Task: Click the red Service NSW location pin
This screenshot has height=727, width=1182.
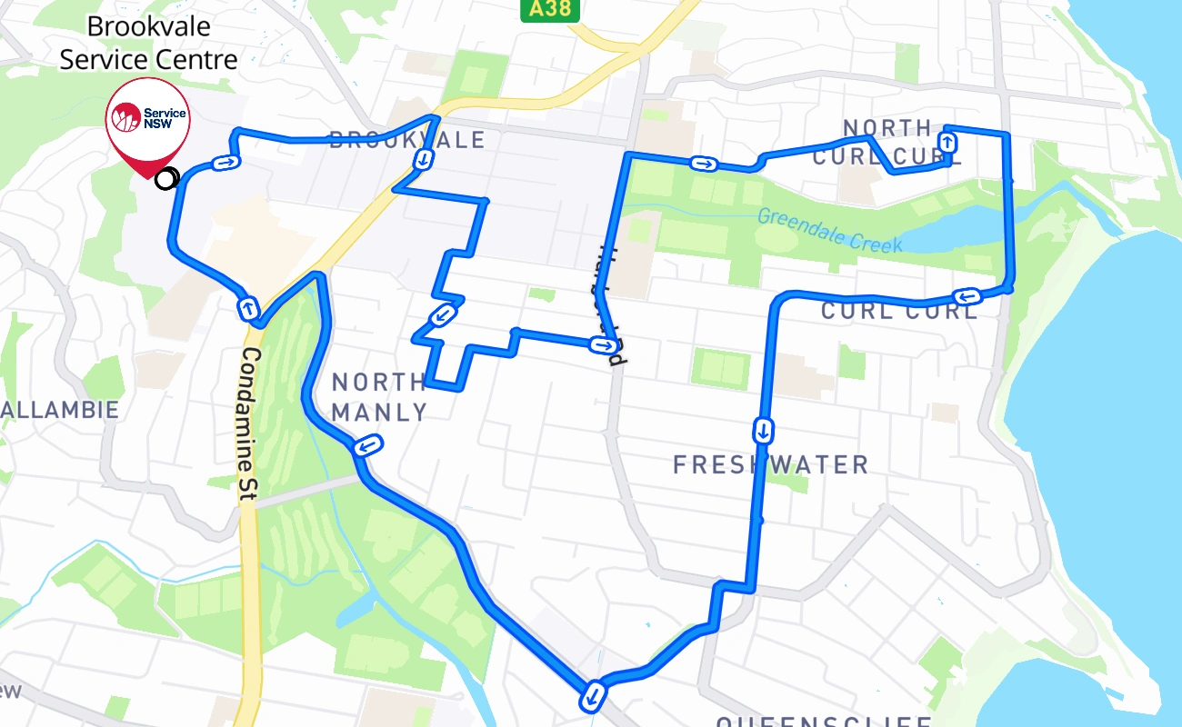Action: pyautogui.click(x=147, y=123)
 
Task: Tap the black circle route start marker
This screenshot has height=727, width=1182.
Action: pyautogui.click(x=165, y=179)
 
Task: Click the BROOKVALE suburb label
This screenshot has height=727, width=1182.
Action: pyautogui.click(x=407, y=140)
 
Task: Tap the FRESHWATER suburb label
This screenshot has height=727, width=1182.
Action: pyautogui.click(x=770, y=465)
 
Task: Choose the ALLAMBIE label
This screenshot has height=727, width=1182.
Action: pyautogui.click(x=60, y=410)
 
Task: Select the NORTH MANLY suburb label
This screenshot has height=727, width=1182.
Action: pyautogui.click(x=379, y=397)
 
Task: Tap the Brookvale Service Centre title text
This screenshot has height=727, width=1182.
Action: pyautogui.click(x=148, y=44)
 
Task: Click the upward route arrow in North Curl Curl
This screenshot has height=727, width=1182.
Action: pyautogui.click(x=947, y=142)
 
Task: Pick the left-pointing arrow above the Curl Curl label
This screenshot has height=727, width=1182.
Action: pyautogui.click(x=967, y=296)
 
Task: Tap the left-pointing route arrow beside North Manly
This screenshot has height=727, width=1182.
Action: pyautogui.click(x=368, y=445)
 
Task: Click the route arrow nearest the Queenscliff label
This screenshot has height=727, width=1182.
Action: pyautogui.click(x=592, y=696)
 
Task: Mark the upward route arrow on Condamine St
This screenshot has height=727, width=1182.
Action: pyautogui.click(x=247, y=308)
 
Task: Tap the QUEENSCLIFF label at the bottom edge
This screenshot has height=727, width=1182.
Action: pyautogui.click(x=824, y=722)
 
